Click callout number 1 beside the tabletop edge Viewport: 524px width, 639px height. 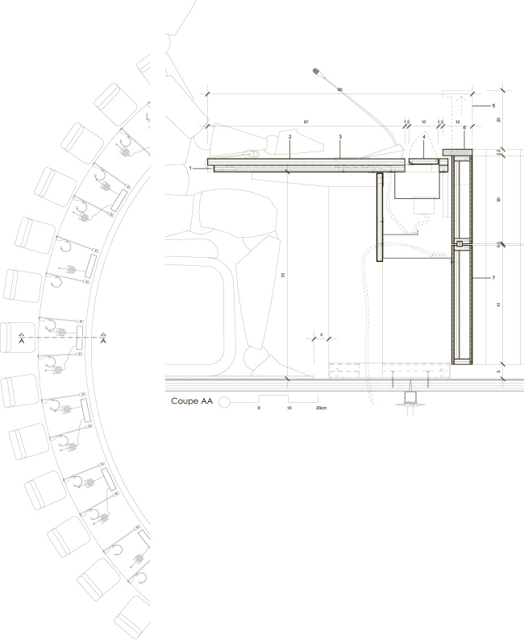pyautogui.click(x=189, y=168)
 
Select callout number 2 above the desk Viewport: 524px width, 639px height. pyautogui.click(x=289, y=137)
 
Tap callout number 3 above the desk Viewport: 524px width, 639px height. pyautogui.click(x=341, y=137)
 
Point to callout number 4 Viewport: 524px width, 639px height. pyautogui.click(x=424, y=137)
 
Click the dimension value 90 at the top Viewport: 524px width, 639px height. pyautogui.click(x=340, y=89)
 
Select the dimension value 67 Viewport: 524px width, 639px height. pyautogui.click(x=306, y=122)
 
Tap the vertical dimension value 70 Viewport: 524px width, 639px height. pyautogui.click(x=283, y=275)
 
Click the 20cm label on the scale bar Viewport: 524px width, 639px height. pyautogui.click(x=321, y=409)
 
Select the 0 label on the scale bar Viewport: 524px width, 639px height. pyautogui.click(x=259, y=409)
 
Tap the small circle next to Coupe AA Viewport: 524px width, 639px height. pyautogui.click(x=227, y=400)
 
